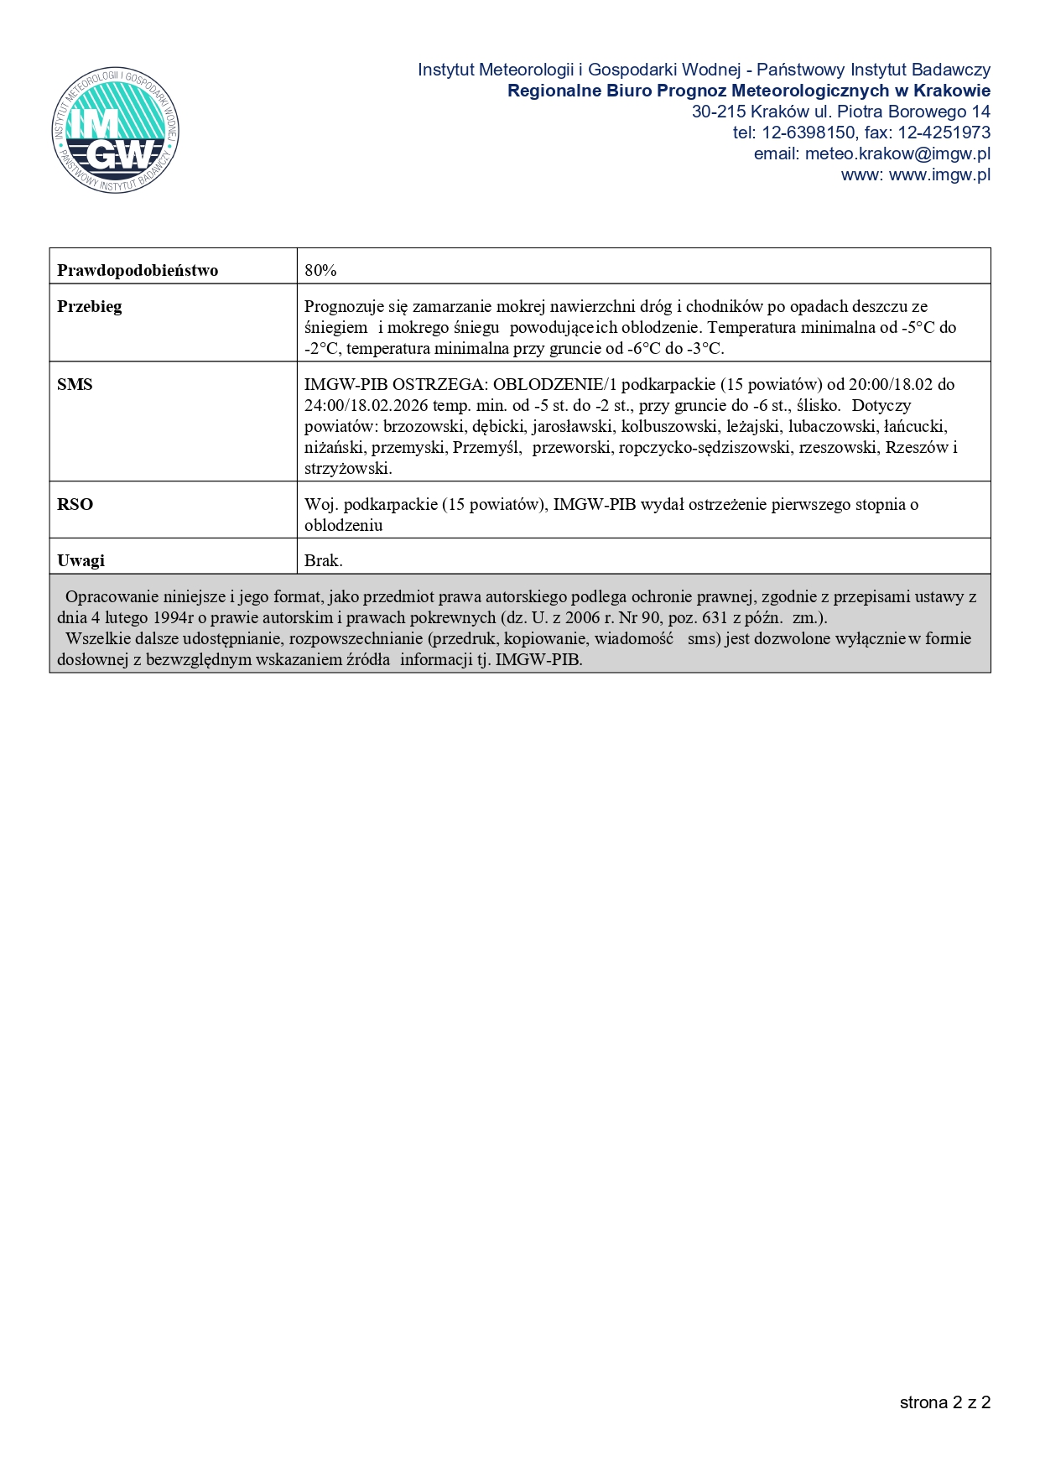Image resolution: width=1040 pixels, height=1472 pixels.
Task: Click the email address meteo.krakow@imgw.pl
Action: (897, 153)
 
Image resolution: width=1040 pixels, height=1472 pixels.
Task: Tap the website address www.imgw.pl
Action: (939, 174)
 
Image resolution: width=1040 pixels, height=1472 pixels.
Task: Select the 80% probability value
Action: (320, 270)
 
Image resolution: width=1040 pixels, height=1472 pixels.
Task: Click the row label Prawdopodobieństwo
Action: (138, 270)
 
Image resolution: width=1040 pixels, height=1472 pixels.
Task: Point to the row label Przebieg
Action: (90, 306)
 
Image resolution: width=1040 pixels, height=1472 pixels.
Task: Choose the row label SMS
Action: (75, 384)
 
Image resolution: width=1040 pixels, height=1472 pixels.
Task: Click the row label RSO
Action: (75, 504)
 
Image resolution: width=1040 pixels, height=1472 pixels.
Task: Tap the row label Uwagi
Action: (81, 560)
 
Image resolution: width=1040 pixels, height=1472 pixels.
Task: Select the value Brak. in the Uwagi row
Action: (324, 560)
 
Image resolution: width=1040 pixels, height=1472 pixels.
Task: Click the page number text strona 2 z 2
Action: (945, 1402)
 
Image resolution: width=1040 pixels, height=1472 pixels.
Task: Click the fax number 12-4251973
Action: (944, 133)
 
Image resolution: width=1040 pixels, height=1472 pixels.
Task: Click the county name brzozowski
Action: (424, 426)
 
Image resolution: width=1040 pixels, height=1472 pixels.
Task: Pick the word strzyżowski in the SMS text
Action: (347, 468)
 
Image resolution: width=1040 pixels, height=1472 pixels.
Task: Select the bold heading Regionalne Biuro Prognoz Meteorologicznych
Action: (696, 91)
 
